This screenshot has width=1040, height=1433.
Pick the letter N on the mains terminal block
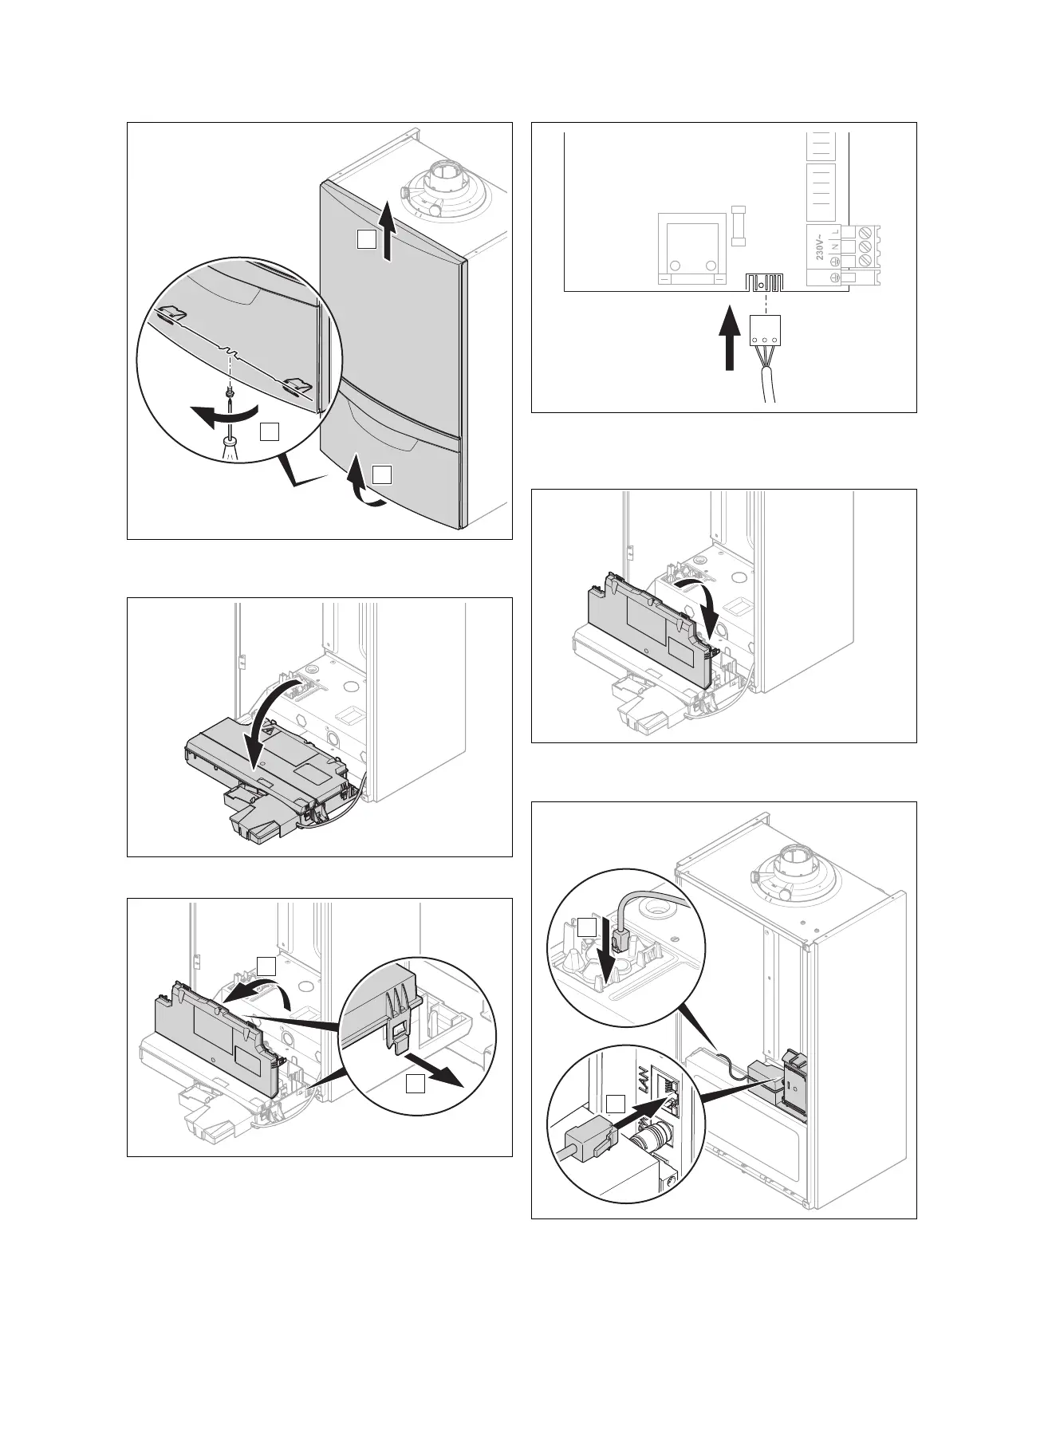point(835,247)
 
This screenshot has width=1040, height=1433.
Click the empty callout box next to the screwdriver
point(269,431)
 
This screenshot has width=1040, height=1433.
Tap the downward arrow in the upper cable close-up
point(611,958)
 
